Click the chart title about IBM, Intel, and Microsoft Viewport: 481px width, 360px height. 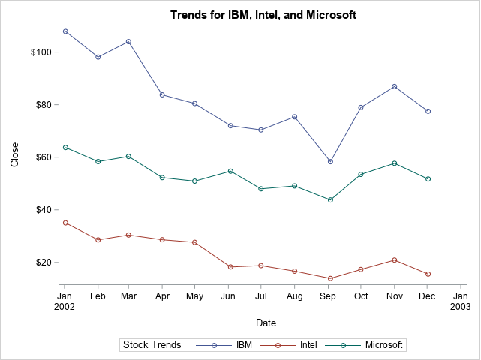click(x=263, y=15)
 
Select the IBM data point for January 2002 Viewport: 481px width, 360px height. click(x=65, y=31)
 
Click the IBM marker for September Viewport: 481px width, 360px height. click(x=330, y=161)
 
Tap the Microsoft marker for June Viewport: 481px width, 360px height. click(x=230, y=171)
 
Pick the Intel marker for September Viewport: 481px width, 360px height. click(x=330, y=278)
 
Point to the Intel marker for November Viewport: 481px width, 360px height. click(x=395, y=260)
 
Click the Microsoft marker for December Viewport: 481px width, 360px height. click(x=428, y=179)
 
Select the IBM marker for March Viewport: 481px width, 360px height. click(x=129, y=42)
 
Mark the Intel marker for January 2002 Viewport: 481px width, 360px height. click(x=65, y=223)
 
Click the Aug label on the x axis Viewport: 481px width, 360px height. click(x=294, y=297)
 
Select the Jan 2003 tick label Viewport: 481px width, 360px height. click(x=460, y=302)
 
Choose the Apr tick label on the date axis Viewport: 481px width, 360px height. click(x=162, y=297)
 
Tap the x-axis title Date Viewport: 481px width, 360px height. click(x=266, y=323)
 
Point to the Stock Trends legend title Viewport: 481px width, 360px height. click(x=152, y=345)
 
